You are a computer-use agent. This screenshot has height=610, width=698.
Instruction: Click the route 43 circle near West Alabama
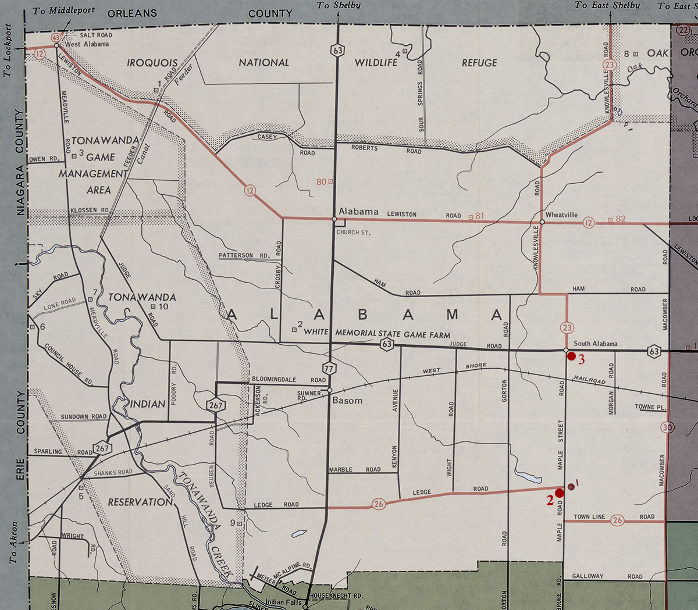click(x=56, y=38)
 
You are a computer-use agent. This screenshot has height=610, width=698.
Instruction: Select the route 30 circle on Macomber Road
click(x=667, y=427)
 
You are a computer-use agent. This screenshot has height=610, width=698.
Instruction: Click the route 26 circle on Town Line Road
click(x=617, y=520)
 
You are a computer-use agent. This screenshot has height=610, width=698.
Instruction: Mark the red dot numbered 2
click(x=560, y=493)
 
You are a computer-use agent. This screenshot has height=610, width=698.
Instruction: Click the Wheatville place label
click(x=561, y=215)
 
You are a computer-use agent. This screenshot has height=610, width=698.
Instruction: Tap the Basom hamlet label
click(x=347, y=401)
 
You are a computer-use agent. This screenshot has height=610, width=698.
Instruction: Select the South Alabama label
click(x=596, y=344)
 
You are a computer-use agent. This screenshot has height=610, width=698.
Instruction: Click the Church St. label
click(x=353, y=233)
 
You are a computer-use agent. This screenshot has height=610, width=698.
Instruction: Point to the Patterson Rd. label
click(x=244, y=255)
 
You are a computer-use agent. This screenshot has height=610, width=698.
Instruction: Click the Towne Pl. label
click(x=650, y=407)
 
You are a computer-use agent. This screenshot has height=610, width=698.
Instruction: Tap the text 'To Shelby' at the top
click(x=339, y=5)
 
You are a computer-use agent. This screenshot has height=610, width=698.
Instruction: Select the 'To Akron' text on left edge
click(x=13, y=542)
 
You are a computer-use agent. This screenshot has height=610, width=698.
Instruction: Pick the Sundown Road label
click(x=84, y=416)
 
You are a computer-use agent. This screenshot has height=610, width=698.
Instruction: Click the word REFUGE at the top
click(x=479, y=63)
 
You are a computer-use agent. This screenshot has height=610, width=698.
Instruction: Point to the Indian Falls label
click(x=283, y=602)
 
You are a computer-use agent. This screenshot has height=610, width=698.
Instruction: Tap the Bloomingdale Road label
click(x=289, y=379)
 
